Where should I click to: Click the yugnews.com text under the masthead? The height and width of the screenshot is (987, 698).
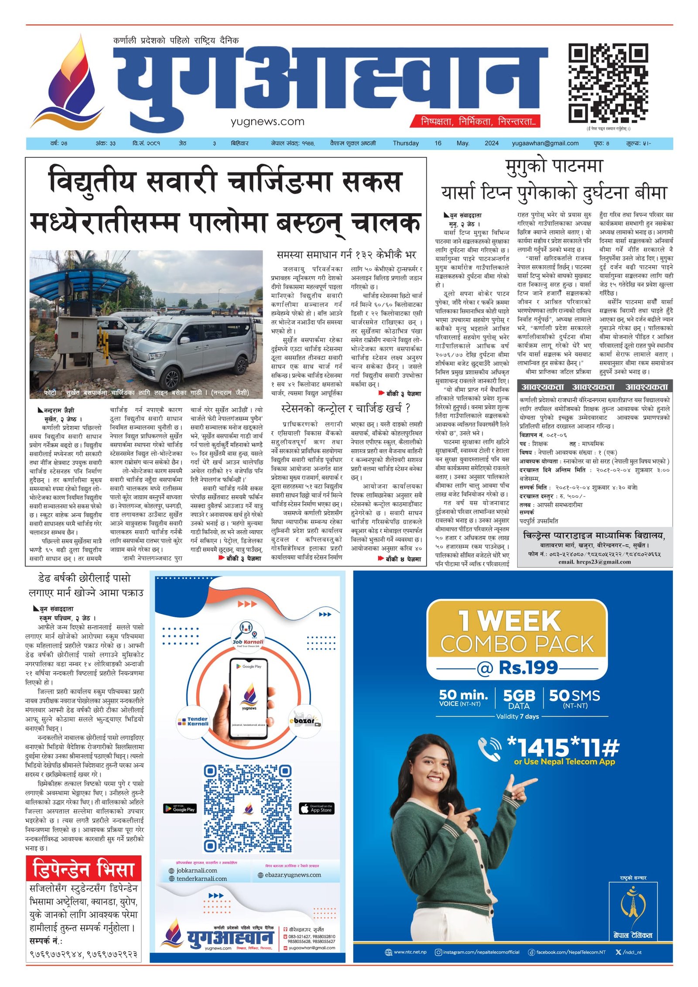[267, 122]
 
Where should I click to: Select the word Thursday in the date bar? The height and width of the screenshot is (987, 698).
[405, 143]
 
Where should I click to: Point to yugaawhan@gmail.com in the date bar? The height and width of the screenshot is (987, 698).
[545, 143]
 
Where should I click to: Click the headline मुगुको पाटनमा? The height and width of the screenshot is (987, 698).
[554, 167]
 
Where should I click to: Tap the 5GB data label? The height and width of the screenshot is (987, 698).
[519, 696]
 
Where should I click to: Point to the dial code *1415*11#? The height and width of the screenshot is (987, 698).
[563, 747]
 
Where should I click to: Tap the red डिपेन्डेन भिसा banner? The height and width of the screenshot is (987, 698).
[83, 869]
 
